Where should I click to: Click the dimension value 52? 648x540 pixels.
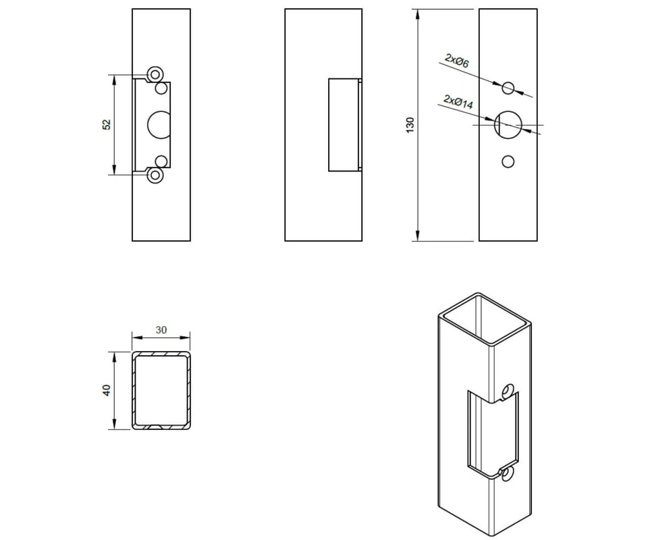[107, 124]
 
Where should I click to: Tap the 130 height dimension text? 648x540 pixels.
[410, 125]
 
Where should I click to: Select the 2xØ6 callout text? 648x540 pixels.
[457, 61]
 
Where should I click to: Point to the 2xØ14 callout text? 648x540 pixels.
[458, 102]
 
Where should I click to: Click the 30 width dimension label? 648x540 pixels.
[161, 329]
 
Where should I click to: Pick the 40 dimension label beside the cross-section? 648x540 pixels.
[107, 390]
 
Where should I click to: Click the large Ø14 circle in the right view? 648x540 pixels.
[508, 124]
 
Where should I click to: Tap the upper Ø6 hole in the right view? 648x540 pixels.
[508, 88]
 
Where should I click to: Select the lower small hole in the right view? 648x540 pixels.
[508, 161]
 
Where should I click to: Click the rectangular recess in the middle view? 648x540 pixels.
[344, 125]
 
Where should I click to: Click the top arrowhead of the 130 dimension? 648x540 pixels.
[418, 14]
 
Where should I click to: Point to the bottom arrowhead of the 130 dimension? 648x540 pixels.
[418, 236]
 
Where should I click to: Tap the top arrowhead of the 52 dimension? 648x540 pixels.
[113, 80]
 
